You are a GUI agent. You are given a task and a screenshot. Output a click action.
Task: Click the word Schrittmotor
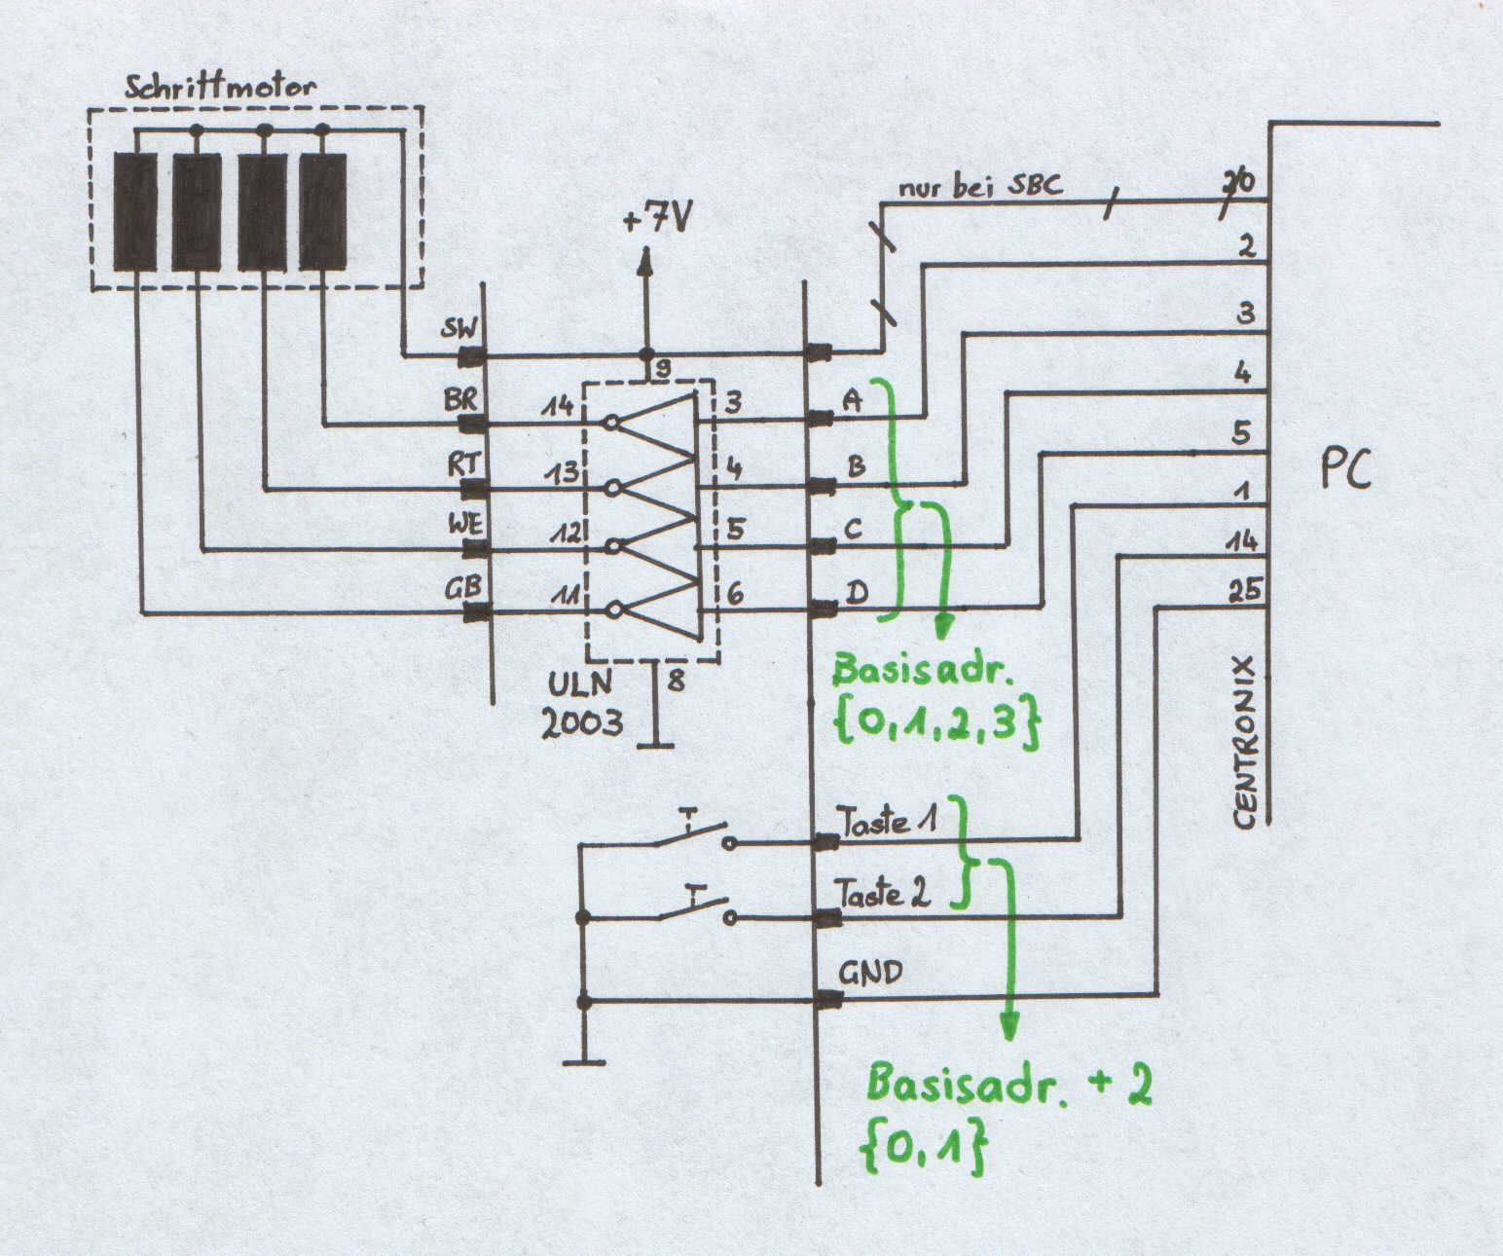tap(220, 86)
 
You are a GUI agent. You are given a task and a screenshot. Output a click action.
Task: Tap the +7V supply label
tap(656, 217)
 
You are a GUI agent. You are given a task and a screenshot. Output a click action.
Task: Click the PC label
tap(1345, 469)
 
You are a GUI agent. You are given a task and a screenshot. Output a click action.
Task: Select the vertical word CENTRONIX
tap(1245, 742)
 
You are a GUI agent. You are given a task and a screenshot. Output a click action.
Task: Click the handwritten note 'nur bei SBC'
tap(980, 186)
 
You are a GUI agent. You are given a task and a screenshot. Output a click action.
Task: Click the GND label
tap(869, 973)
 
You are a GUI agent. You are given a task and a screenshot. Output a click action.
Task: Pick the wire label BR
tap(460, 399)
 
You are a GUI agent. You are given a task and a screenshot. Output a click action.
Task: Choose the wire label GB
tap(462, 588)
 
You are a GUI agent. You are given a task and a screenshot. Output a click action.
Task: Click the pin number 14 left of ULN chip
tap(557, 408)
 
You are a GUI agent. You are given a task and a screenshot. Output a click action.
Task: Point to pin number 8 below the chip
tap(676, 680)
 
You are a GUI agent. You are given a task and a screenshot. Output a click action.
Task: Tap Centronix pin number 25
tap(1245, 591)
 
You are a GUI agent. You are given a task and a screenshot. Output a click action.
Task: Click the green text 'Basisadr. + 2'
tap(1008, 1085)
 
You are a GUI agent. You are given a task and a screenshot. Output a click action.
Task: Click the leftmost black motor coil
tap(135, 211)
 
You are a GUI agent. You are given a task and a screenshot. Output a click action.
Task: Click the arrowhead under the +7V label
tap(645, 262)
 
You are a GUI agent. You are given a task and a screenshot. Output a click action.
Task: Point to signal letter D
tap(857, 593)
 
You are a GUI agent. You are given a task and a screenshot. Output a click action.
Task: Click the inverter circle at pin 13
tap(612, 489)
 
